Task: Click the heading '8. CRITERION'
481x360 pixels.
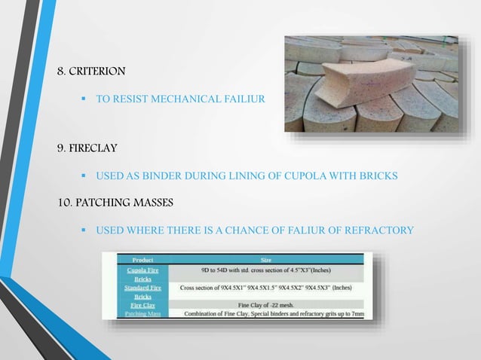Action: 92,72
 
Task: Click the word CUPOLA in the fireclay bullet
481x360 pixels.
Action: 286,175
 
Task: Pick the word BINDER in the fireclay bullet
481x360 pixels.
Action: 162,175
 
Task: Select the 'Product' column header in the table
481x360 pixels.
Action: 144,260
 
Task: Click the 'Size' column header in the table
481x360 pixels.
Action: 266,260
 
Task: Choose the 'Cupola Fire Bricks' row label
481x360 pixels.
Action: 142,273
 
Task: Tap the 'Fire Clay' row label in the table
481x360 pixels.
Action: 142,305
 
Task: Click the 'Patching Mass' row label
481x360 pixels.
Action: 142,314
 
